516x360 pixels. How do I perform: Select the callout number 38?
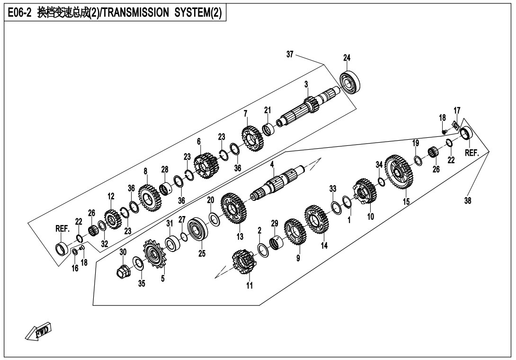(468, 200)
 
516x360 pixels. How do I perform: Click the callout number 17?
(457, 111)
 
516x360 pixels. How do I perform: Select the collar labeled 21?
(269, 128)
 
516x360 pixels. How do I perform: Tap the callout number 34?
(379, 164)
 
